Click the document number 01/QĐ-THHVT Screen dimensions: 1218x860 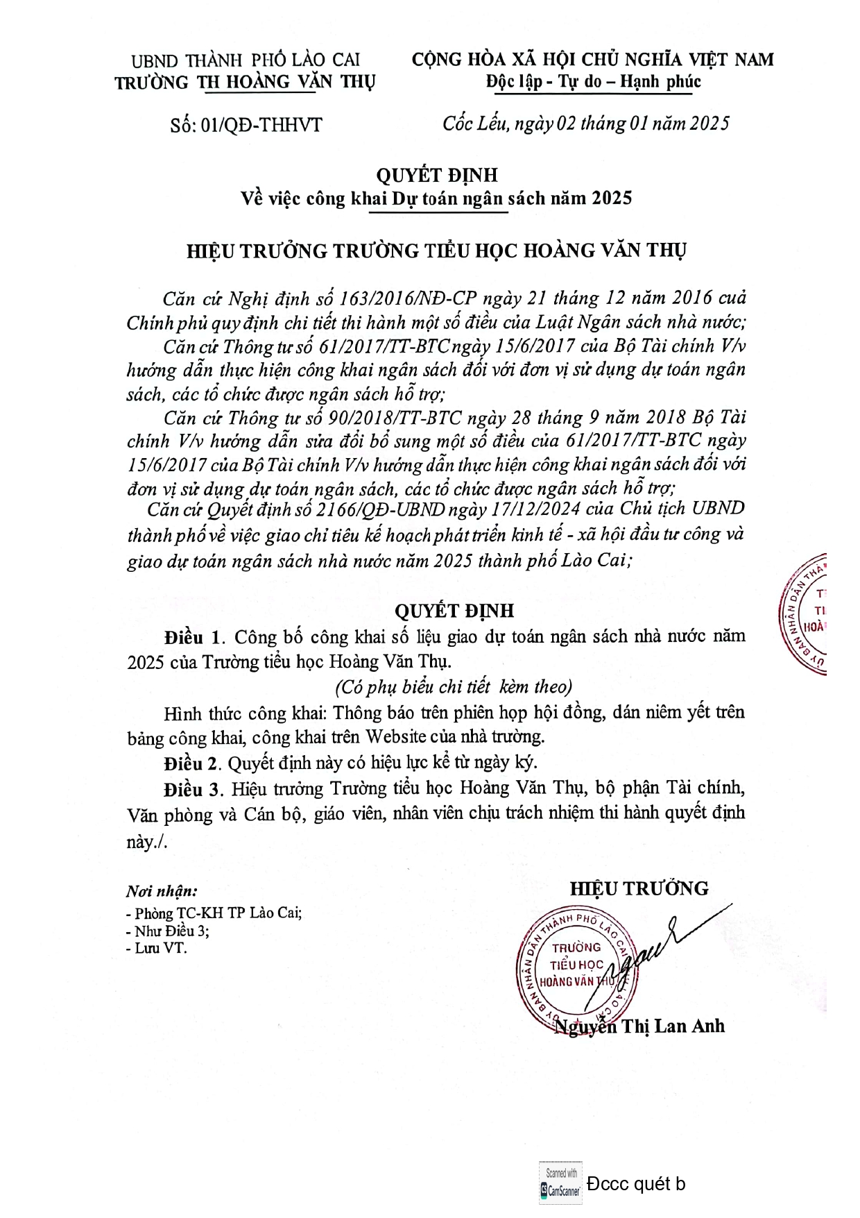[261, 126]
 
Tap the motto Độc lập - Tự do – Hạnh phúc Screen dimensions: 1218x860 [593, 82]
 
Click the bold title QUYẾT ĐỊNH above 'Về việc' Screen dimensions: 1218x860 [437, 175]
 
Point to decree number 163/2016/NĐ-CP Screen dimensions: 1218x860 [407, 298]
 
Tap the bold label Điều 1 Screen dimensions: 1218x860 [193, 637]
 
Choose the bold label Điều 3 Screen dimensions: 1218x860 [193, 789]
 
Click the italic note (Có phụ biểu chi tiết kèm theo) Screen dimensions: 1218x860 [454, 687]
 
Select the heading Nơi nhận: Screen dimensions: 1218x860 [161, 891]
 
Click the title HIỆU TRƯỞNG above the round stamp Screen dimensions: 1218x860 [639, 889]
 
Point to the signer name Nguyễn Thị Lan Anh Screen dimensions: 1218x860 [640, 1026]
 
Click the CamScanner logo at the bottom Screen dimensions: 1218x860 [560, 1183]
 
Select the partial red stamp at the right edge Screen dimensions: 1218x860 [805, 615]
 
